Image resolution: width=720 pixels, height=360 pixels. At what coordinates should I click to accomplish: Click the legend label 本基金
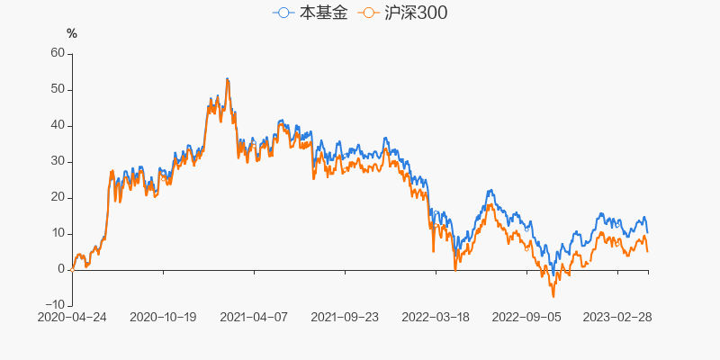click(322, 13)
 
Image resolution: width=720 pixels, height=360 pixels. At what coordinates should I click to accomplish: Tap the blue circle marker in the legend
click(283, 13)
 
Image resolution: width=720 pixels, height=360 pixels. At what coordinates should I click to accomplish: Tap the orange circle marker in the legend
click(368, 13)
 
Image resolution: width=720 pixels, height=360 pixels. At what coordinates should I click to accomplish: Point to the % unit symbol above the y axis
click(72, 34)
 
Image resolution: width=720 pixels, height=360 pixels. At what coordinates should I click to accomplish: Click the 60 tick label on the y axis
click(58, 53)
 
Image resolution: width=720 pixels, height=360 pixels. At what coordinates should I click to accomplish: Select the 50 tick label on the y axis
click(58, 89)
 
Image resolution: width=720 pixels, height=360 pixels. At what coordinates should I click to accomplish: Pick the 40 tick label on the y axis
click(58, 125)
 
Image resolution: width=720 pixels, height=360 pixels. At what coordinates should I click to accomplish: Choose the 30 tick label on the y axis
click(58, 161)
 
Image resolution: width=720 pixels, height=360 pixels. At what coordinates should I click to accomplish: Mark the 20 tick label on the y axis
click(58, 197)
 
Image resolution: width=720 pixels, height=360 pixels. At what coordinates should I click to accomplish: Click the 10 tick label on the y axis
click(58, 233)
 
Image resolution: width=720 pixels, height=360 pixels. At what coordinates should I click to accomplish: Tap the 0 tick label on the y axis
click(61, 269)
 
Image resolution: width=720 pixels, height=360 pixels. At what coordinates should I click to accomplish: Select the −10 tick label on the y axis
click(54, 305)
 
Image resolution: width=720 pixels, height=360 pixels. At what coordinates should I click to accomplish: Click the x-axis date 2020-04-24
click(72, 318)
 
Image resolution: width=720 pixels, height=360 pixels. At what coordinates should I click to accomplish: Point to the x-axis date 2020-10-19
click(163, 318)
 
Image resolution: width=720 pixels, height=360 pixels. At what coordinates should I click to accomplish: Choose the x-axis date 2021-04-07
click(254, 318)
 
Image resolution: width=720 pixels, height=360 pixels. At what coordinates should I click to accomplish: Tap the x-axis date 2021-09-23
click(345, 318)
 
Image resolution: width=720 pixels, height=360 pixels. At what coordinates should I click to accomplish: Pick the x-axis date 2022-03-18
click(436, 318)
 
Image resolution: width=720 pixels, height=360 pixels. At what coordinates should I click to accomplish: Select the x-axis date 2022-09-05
click(526, 318)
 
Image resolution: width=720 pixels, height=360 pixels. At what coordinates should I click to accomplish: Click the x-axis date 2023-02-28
click(617, 318)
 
